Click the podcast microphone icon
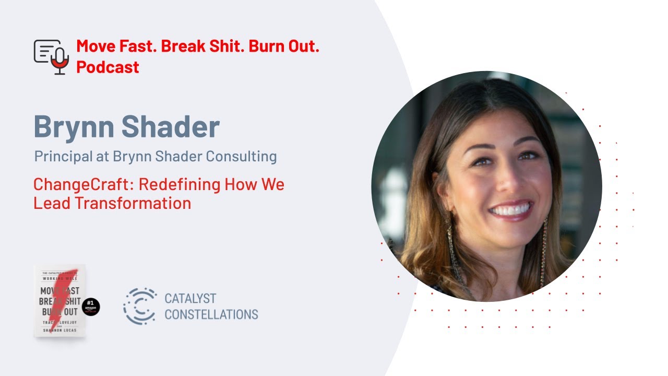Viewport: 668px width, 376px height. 51,56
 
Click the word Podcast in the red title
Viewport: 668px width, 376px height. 108,67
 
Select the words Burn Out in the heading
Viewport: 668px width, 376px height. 284,46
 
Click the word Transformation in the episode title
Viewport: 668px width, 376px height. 133,203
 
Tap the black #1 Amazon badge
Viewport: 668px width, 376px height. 91,307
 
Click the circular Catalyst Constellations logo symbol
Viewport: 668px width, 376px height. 140,306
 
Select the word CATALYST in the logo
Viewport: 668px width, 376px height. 190,299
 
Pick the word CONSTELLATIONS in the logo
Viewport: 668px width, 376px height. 211,314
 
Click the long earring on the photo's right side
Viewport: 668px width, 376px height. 544,251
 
